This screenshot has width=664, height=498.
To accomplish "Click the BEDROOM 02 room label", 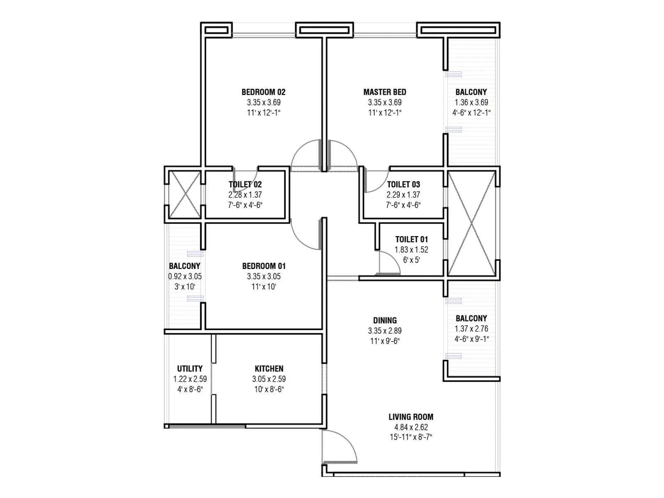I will [x=264, y=92].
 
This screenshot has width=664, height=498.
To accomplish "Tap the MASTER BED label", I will [x=385, y=92].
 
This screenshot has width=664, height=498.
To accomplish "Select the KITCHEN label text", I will [x=269, y=369].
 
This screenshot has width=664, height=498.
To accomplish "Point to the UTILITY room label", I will [x=190, y=369].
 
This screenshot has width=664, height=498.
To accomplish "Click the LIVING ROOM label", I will [x=411, y=417].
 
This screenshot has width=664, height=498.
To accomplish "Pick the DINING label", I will [x=385, y=320].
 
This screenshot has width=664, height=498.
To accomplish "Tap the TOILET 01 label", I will [x=411, y=239].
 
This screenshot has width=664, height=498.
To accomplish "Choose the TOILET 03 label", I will [x=403, y=184].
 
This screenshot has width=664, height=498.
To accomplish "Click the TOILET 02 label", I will [x=245, y=184].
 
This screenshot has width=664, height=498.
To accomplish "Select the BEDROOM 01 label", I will [x=264, y=266].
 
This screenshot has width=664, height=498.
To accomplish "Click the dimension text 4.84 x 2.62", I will [x=411, y=427].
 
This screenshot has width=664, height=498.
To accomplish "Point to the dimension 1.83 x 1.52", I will [x=411, y=250].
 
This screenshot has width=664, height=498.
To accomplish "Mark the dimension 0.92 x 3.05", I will [x=185, y=276].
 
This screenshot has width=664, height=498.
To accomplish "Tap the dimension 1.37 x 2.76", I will [x=471, y=329].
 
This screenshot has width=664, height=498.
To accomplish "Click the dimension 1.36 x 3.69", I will [x=471, y=103].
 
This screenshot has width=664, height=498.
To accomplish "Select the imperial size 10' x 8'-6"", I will [x=269, y=389].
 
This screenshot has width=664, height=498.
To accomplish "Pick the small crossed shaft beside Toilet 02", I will [x=185, y=194].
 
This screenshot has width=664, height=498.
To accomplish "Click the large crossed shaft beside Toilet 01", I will [x=472, y=224].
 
